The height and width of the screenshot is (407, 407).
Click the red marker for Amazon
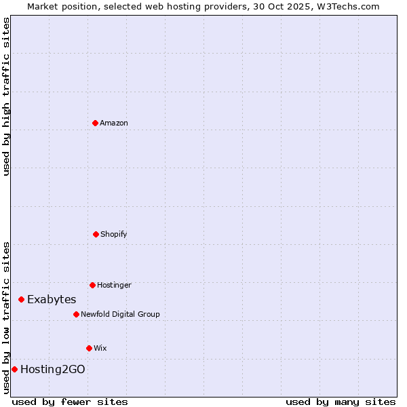95,123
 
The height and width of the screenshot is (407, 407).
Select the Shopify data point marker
96,234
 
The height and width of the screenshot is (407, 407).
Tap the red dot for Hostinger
92,285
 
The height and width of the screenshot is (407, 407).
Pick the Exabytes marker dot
21,299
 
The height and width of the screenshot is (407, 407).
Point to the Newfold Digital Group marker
76,314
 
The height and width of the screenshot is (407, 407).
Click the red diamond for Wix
89,348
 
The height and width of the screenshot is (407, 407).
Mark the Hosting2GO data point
14,369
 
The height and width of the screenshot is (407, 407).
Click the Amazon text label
114,123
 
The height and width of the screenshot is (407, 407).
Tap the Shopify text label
114,234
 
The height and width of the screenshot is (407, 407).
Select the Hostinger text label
114,285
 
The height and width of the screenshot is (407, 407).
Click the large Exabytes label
52,299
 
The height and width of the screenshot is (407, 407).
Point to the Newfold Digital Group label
120,314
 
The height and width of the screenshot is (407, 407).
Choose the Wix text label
100,348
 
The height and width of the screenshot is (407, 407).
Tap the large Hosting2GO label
53,369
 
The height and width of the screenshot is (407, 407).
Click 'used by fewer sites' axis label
70,402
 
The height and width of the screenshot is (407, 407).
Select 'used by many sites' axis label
341,402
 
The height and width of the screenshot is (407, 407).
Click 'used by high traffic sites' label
6,96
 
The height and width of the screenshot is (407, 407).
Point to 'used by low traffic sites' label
6,317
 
